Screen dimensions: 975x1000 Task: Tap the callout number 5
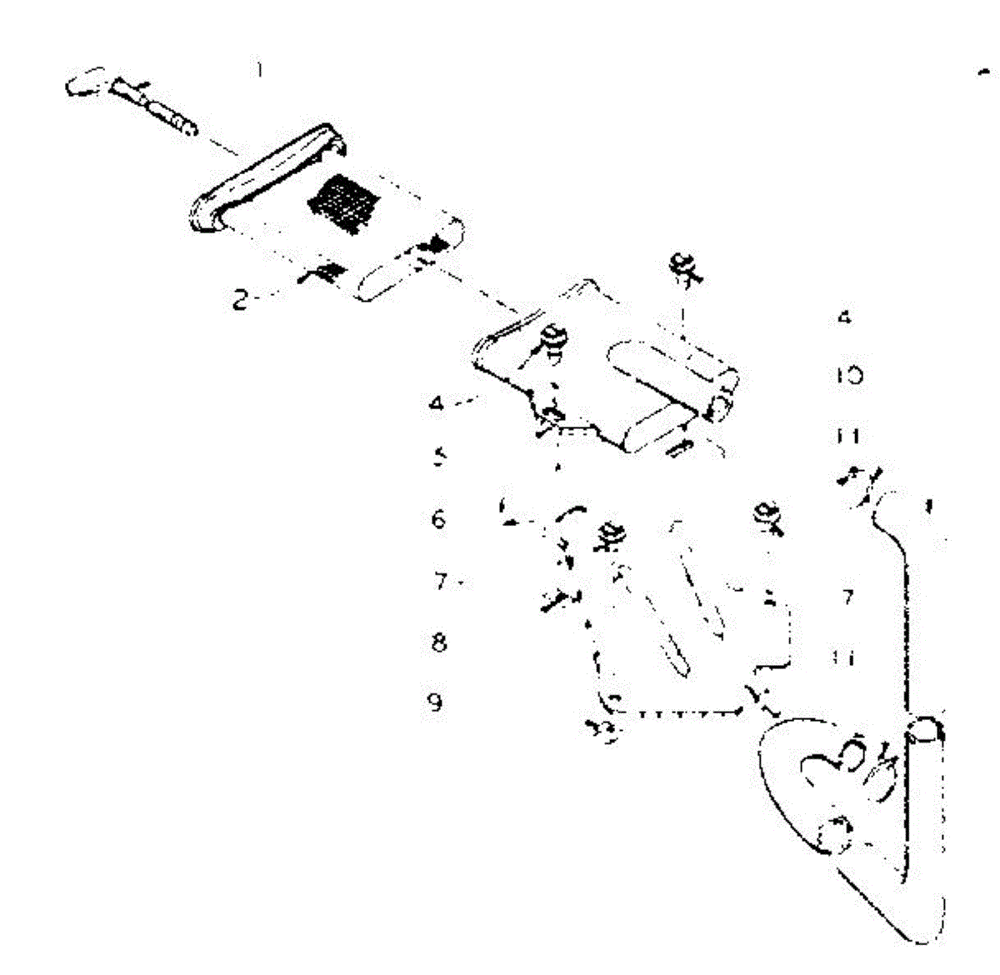[x=439, y=457]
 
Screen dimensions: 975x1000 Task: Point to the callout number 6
[x=438, y=519]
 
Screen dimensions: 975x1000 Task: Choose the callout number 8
[x=439, y=642]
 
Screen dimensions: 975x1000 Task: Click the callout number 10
[x=849, y=376]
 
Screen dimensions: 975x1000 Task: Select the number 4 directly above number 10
[x=845, y=317]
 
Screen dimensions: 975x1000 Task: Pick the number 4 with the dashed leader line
[x=437, y=404]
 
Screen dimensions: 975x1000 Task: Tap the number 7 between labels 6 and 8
[x=441, y=581]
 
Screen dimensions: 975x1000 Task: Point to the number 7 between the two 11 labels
[x=848, y=597]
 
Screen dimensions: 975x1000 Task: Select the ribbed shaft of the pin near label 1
[x=163, y=107]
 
